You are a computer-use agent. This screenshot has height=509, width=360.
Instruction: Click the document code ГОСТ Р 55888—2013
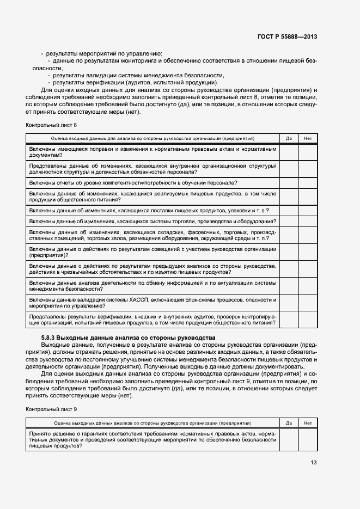tap(286, 36)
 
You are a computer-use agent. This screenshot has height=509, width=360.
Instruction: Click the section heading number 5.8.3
tap(45, 338)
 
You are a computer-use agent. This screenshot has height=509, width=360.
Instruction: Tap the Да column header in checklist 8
tap(289, 138)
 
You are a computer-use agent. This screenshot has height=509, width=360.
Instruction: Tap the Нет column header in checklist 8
tap(307, 138)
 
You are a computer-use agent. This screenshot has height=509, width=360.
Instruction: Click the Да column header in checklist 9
tap(289, 422)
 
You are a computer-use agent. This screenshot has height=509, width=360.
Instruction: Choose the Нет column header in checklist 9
tap(307, 422)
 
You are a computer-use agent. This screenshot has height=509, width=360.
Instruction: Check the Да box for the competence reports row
tap(289, 182)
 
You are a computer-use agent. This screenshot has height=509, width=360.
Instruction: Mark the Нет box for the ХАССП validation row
tap(307, 303)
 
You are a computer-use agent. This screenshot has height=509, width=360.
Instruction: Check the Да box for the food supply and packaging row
tap(289, 210)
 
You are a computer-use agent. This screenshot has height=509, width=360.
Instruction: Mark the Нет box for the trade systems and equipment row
tap(307, 221)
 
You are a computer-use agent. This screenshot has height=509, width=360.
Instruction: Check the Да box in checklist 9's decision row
tap(289, 439)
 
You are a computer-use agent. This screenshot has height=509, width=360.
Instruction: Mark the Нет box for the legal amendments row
tap(307, 152)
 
